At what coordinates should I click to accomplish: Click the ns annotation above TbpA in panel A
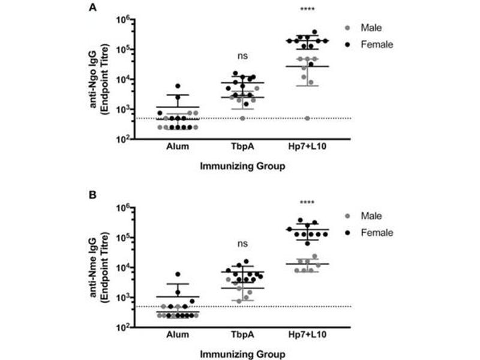point(242,56)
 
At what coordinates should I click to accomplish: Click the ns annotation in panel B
point(242,244)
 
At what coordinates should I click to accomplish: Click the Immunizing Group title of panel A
point(242,167)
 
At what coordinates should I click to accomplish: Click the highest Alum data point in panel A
point(178,86)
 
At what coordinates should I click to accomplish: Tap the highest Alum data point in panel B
point(178,274)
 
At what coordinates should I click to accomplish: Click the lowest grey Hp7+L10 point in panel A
point(308,118)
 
